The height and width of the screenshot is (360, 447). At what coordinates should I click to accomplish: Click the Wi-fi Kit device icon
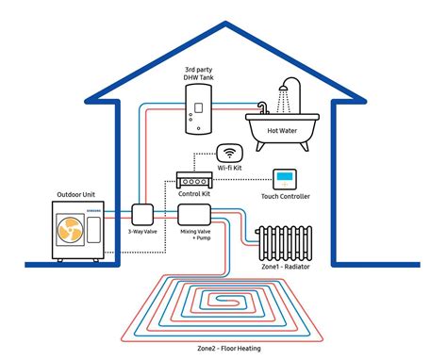[230, 152]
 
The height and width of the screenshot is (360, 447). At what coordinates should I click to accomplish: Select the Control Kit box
[196, 181]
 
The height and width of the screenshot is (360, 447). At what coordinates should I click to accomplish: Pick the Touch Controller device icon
[284, 179]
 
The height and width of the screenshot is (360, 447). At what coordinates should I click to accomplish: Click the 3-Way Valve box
[142, 214]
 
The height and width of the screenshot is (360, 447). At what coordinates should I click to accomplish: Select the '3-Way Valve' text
[142, 231]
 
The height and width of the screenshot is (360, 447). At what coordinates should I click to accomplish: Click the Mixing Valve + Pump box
[193, 214]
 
